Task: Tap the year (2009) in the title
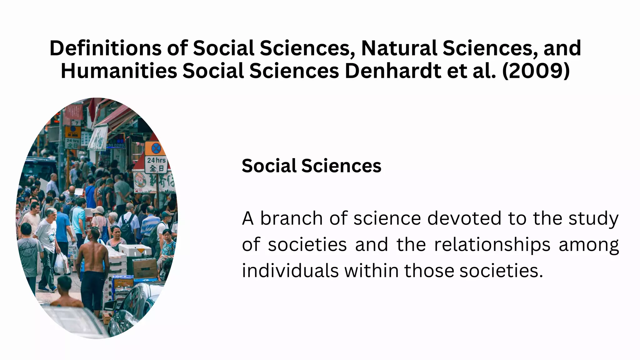click(x=536, y=71)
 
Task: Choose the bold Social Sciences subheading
click(x=311, y=166)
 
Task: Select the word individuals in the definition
click(x=290, y=271)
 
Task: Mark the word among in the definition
click(x=588, y=244)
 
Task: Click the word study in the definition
click(x=593, y=218)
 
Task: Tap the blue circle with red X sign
click(x=156, y=148)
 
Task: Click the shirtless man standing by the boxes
click(x=92, y=266)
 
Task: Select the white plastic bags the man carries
click(x=61, y=263)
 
